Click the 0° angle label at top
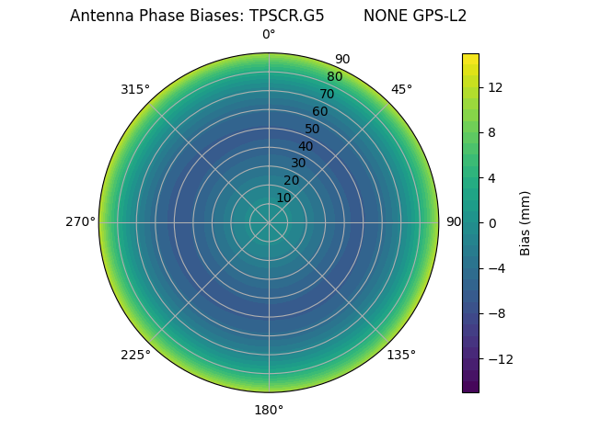(269, 35)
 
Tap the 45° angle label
(401, 89)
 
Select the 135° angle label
(401, 355)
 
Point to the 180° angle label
(269, 410)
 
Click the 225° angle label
(135, 355)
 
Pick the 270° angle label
(80, 221)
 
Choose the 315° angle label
(135, 89)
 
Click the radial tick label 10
(283, 198)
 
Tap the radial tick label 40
(306, 146)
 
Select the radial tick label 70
(327, 94)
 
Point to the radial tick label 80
(334, 76)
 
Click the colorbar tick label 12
(494, 87)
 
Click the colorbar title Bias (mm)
(525, 222)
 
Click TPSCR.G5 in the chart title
(286, 16)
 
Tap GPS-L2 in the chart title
(437, 16)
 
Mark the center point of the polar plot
(269, 222)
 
